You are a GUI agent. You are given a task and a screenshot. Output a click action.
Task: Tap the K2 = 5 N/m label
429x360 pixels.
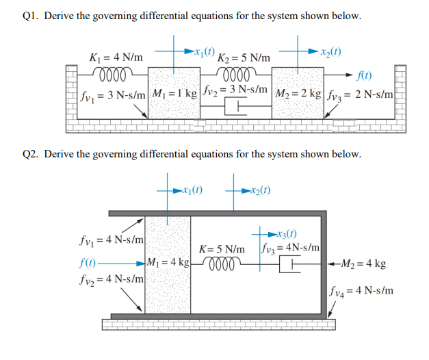(x=243, y=58)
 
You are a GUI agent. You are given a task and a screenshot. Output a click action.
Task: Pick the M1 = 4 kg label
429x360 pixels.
(x=168, y=263)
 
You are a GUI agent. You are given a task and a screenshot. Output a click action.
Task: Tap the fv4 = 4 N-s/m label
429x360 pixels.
(x=361, y=290)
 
